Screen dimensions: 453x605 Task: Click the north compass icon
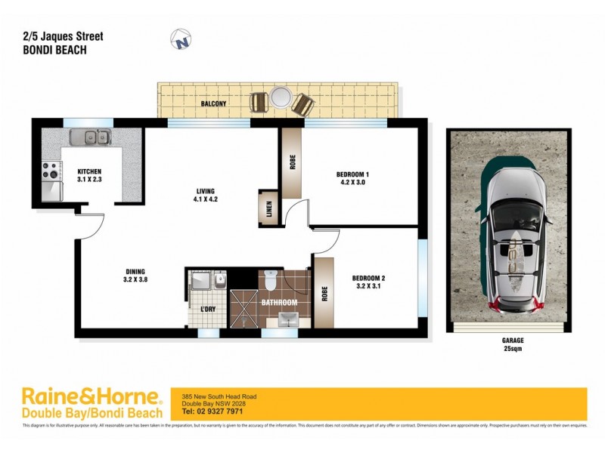180,39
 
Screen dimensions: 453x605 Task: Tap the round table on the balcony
281,99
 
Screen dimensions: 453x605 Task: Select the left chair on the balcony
259,101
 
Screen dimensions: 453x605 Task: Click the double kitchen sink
89,137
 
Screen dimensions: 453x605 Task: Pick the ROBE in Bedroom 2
324,292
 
